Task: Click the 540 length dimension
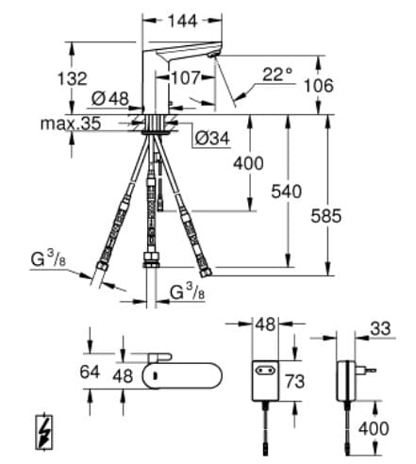[x=286, y=191]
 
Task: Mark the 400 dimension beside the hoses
[x=248, y=164]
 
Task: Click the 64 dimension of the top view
[x=90, y=371]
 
